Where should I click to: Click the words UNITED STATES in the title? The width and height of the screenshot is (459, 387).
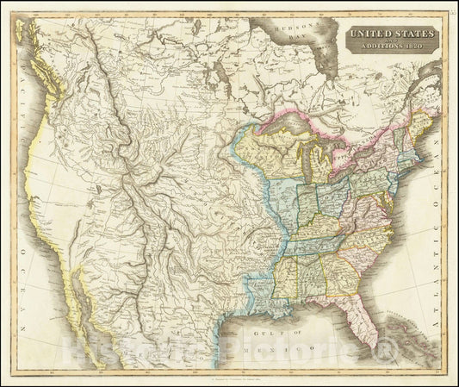point(391,32)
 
